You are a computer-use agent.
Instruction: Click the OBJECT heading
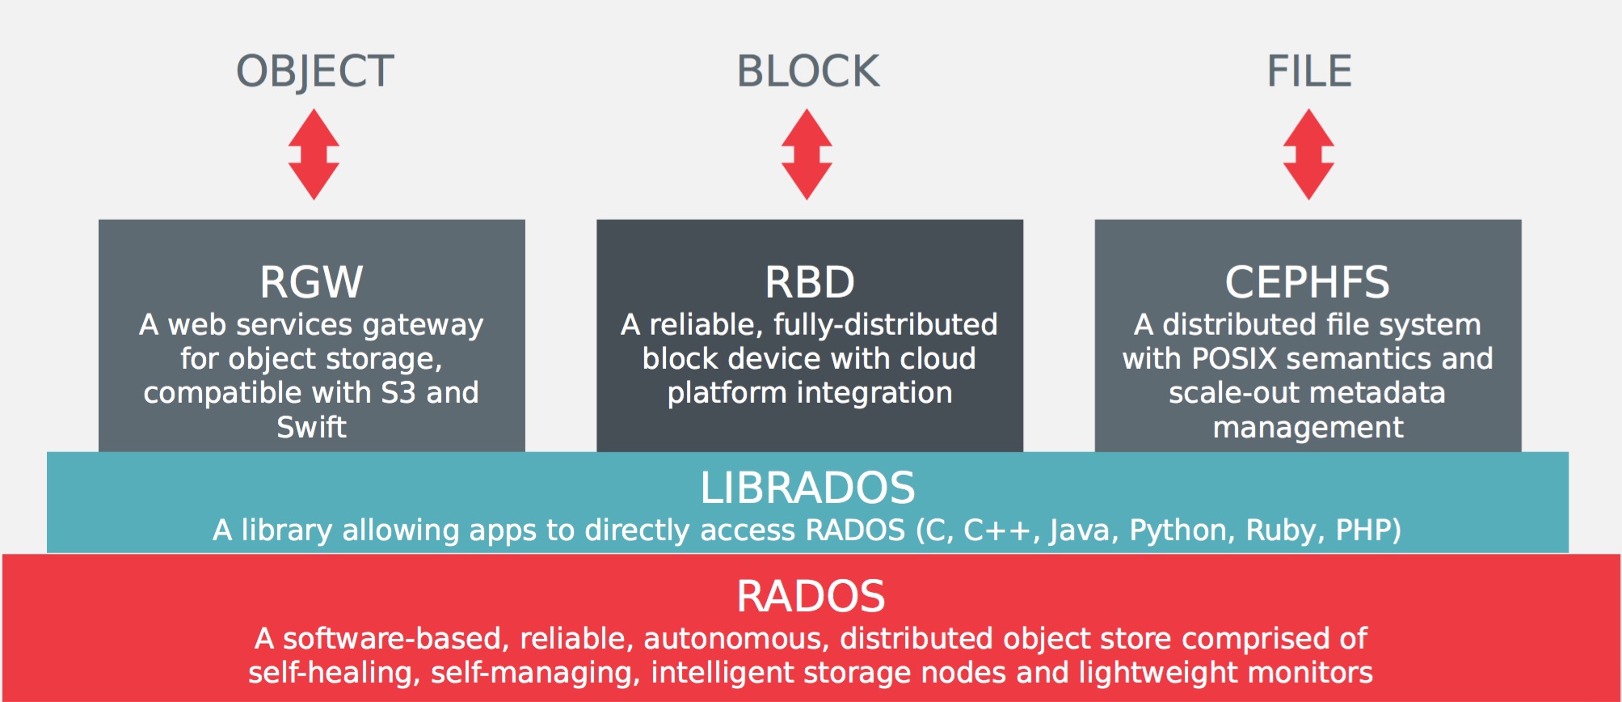314,72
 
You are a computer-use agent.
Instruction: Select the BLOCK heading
807,72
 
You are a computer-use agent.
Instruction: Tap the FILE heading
1308,72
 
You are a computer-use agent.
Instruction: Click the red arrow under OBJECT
314,154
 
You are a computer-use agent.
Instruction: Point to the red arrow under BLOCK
807,154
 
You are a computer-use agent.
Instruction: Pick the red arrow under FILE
1308,154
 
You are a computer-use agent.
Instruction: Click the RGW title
311,282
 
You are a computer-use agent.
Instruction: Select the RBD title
809,282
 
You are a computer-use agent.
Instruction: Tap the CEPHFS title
1307,282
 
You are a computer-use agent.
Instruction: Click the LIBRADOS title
807,488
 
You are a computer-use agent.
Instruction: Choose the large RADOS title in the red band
811,597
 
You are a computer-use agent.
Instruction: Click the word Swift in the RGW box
311,427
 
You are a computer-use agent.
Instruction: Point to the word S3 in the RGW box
398,393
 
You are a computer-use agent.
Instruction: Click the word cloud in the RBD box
937,359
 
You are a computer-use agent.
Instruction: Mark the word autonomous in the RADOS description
732,639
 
